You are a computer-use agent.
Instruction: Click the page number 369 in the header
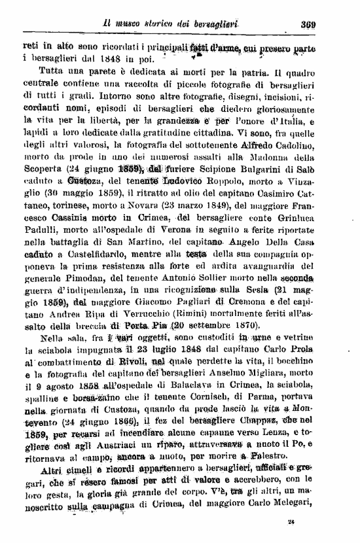click(x=309, y=26)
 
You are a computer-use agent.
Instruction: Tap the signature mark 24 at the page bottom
click(x=291, y=521)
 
